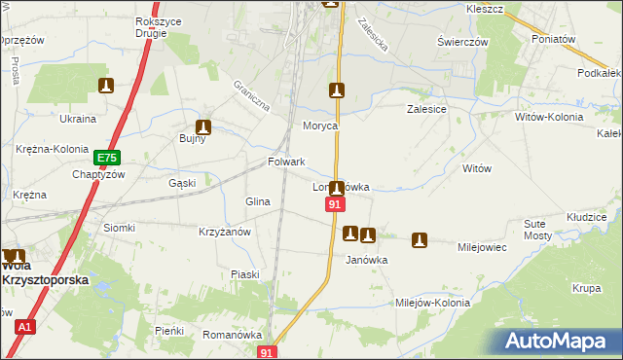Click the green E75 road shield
pyautogui.click(x=106, y=157)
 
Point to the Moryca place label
pyautogui.click(x=320, y=126)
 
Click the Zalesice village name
pyautogui.click(x=425, y=110)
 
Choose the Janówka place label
pyautogui.click(x=367, y=260)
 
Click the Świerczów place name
pyautogui.click(x=461, y=43)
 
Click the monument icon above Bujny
pyautogui.click(x=203, y=126)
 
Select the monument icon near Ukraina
pyautogui.click(x=105, y=87)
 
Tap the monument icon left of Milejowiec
pyautogui.click(x=420, y=238)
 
